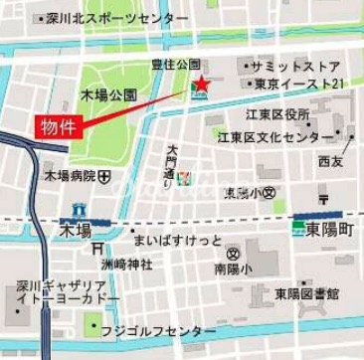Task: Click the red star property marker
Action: click(200, 86)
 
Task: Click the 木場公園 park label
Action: click(108, 95)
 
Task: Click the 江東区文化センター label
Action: click(282, 135)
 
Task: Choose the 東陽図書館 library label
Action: click(307, 294)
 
